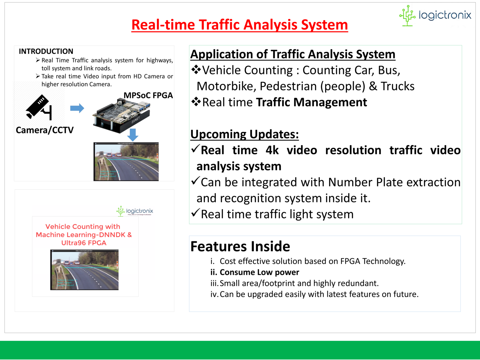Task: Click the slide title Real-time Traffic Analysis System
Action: click(x=239, y=25)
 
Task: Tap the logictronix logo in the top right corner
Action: click(x=435, y=15)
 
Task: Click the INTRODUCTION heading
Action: click(x=46, y=51)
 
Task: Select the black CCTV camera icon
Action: click(x=39, y=107)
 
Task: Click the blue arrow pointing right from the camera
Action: click(x=77, y=108)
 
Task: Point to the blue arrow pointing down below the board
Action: click(x=133, y=135)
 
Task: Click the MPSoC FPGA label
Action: click(x=148, y=95)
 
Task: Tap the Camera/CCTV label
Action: click(x=45, y=130)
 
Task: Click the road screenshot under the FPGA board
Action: click(x=126, y=162)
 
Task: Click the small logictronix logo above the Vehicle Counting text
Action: click(x=135, y=211)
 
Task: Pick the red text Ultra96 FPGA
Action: click(x=84, y=243)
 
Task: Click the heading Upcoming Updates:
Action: click(x=244, y=134)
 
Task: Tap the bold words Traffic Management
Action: click(x=311, y=102)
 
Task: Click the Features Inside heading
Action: click(x=240, y=246)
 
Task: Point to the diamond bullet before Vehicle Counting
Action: click(x=196, y=69)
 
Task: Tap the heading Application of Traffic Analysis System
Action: click(x=292, y=54)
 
